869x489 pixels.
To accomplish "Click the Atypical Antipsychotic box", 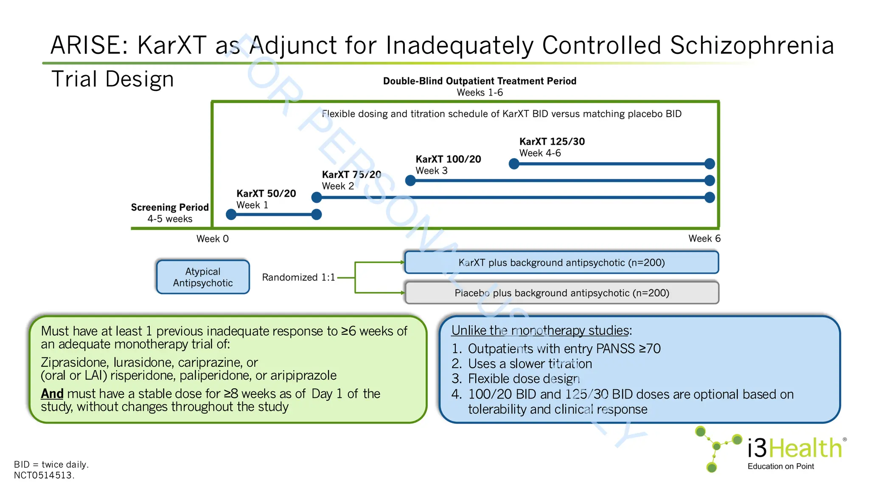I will (x=203, y=277).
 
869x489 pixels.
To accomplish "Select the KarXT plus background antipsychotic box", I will (x=561, y=263).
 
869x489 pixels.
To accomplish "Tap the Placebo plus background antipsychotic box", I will (x=561, y=293).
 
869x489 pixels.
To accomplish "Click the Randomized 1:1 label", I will (x=298, y=278).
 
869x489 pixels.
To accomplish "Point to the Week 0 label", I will (x=212, y=239).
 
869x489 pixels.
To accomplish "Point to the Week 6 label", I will (x=704, y=239).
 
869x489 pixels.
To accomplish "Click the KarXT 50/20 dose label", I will (x=266, y=194).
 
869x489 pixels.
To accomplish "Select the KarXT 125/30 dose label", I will (x=552, y=142).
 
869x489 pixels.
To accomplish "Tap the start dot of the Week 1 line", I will (x=231, y=214).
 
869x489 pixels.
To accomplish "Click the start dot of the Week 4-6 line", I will (x=514, y=164).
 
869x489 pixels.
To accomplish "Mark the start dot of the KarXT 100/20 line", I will (x=410, y=181).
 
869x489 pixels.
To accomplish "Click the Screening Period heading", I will (x=170, y=208).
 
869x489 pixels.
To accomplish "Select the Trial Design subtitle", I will (x=112, y=79).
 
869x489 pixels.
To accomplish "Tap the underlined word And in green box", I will (x=52, y=394).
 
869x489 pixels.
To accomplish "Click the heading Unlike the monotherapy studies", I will (x=541, y=330).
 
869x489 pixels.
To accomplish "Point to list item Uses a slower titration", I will (x=530, y=364).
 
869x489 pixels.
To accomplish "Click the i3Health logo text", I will (x=794, y=448).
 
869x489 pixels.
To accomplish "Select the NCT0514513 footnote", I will (x=44, y=475).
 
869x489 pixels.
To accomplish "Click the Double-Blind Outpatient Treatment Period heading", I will (x=479, y=81).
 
